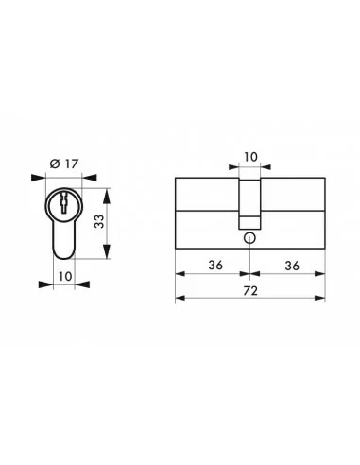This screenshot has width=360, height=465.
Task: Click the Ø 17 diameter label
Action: (x=63, y=164)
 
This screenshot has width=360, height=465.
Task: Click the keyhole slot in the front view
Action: (x=64, y=202)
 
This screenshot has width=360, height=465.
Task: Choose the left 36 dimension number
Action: (x=214, y=266)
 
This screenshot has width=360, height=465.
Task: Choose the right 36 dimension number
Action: (x=288, y=266)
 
